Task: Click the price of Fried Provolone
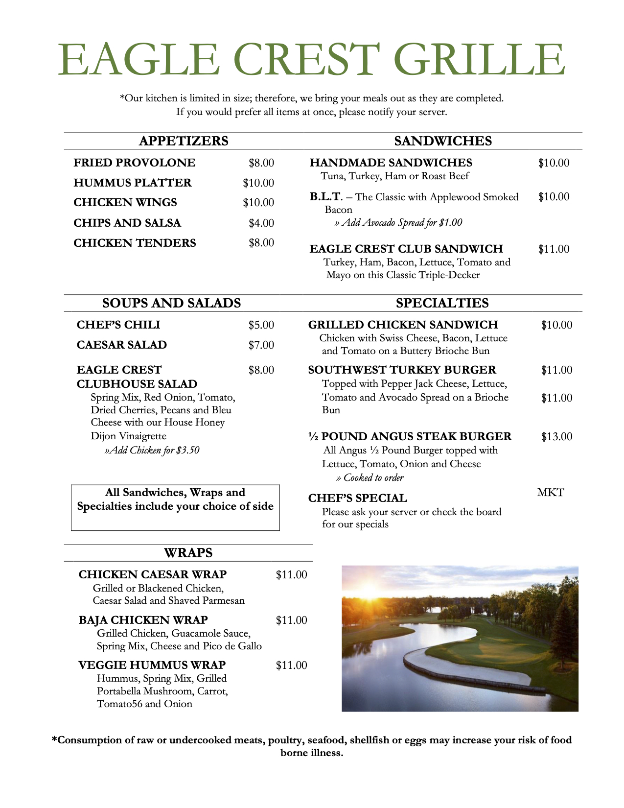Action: [261, 163]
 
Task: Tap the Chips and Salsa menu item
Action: [127, 223]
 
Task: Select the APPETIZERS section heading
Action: [184, 141]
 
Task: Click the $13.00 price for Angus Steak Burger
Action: [556, 437]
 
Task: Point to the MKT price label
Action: [551, 493]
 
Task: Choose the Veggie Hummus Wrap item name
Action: [152, 665]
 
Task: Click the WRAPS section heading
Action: [188, 553]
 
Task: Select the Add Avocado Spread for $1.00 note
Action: [398, 223]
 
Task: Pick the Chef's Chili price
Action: [261, 325]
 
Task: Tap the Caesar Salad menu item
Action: [122, 345]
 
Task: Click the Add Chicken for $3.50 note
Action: [152, 450]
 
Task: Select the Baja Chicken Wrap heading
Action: [143, 620]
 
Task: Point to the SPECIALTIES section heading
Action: [442, 303]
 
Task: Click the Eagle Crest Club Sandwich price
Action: [554, 249]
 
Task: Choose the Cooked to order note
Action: [370, 478]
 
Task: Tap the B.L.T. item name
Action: [325, 197]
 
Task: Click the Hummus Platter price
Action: [258, 183]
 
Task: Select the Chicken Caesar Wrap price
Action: [291, 575]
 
